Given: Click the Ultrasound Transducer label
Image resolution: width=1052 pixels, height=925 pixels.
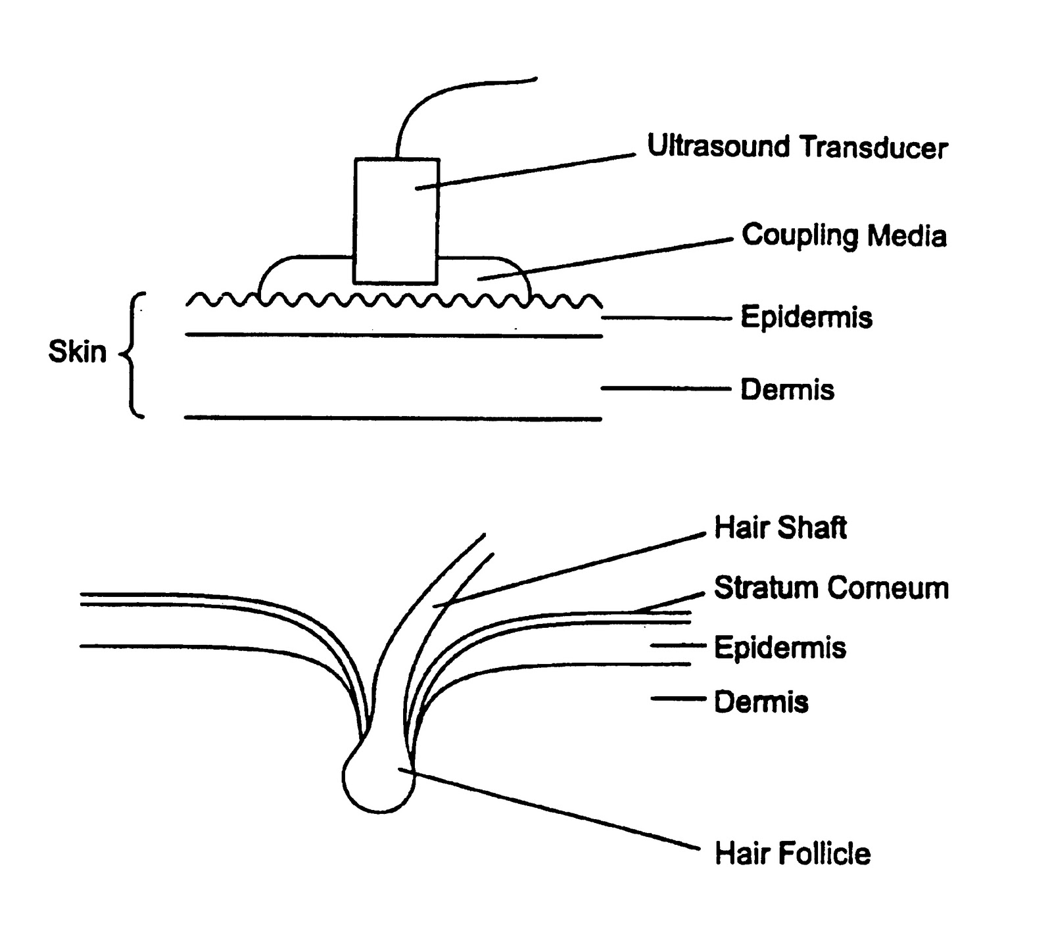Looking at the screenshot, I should coord(797,147).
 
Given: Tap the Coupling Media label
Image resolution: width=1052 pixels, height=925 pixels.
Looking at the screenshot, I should coord(844,235).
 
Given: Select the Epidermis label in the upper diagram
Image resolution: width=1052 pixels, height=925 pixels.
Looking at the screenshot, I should coord(806,318).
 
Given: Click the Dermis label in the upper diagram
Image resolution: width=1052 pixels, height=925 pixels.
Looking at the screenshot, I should coord(787,390).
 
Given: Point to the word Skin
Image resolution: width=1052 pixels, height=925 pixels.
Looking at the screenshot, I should coord(77,352).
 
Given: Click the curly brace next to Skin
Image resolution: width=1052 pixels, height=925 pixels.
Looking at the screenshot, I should coord(131,355).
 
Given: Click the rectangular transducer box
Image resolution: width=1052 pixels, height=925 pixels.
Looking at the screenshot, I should coord(396,220).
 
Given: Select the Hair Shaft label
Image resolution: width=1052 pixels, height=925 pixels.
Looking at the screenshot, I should coord(780,528).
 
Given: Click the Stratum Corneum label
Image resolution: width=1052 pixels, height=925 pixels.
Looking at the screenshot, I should coord(831,588).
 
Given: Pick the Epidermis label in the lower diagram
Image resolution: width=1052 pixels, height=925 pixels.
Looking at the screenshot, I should coord(780,648).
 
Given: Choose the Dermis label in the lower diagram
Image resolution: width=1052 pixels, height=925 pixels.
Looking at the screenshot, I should coord(761,702).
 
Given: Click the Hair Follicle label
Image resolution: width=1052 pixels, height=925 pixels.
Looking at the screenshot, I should coord(792,854).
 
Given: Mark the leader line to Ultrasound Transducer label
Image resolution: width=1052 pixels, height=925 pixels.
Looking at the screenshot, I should coord(526,172).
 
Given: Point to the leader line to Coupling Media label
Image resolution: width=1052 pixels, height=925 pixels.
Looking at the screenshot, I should coord(605,258).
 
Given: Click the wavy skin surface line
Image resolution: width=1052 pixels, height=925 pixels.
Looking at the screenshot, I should coord(394,301).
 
